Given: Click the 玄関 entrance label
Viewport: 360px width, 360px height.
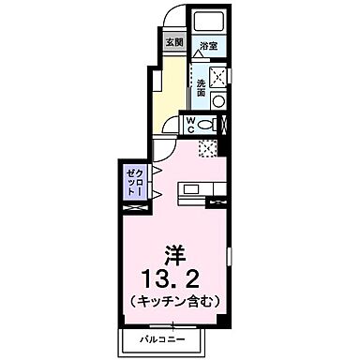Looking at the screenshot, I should (173, 42).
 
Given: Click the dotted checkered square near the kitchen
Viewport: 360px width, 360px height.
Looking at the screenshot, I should (207, 147).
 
